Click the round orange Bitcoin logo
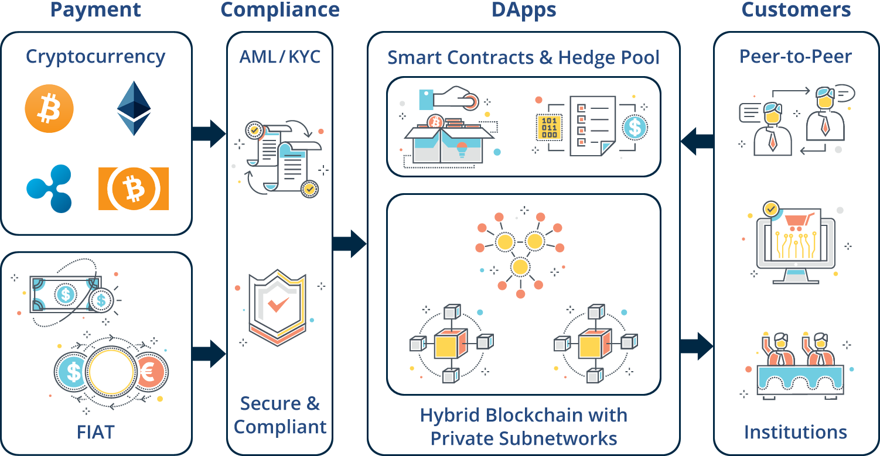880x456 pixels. click(x=49, y=109)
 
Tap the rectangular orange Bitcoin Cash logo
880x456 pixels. click(x=134, y=188)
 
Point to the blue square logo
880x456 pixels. click(x=49, y=187)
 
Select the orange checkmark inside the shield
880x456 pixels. click(x=278, y=304)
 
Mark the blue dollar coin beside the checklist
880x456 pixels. click(x=635, y=127)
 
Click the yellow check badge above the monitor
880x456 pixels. click(x=772, y=208)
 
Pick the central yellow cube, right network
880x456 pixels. click(x=595, y=343)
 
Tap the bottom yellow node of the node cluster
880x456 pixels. click(x=520, y=267)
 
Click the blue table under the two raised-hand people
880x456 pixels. click(x=799, y=378)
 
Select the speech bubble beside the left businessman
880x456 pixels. click(x=750, y=112)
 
